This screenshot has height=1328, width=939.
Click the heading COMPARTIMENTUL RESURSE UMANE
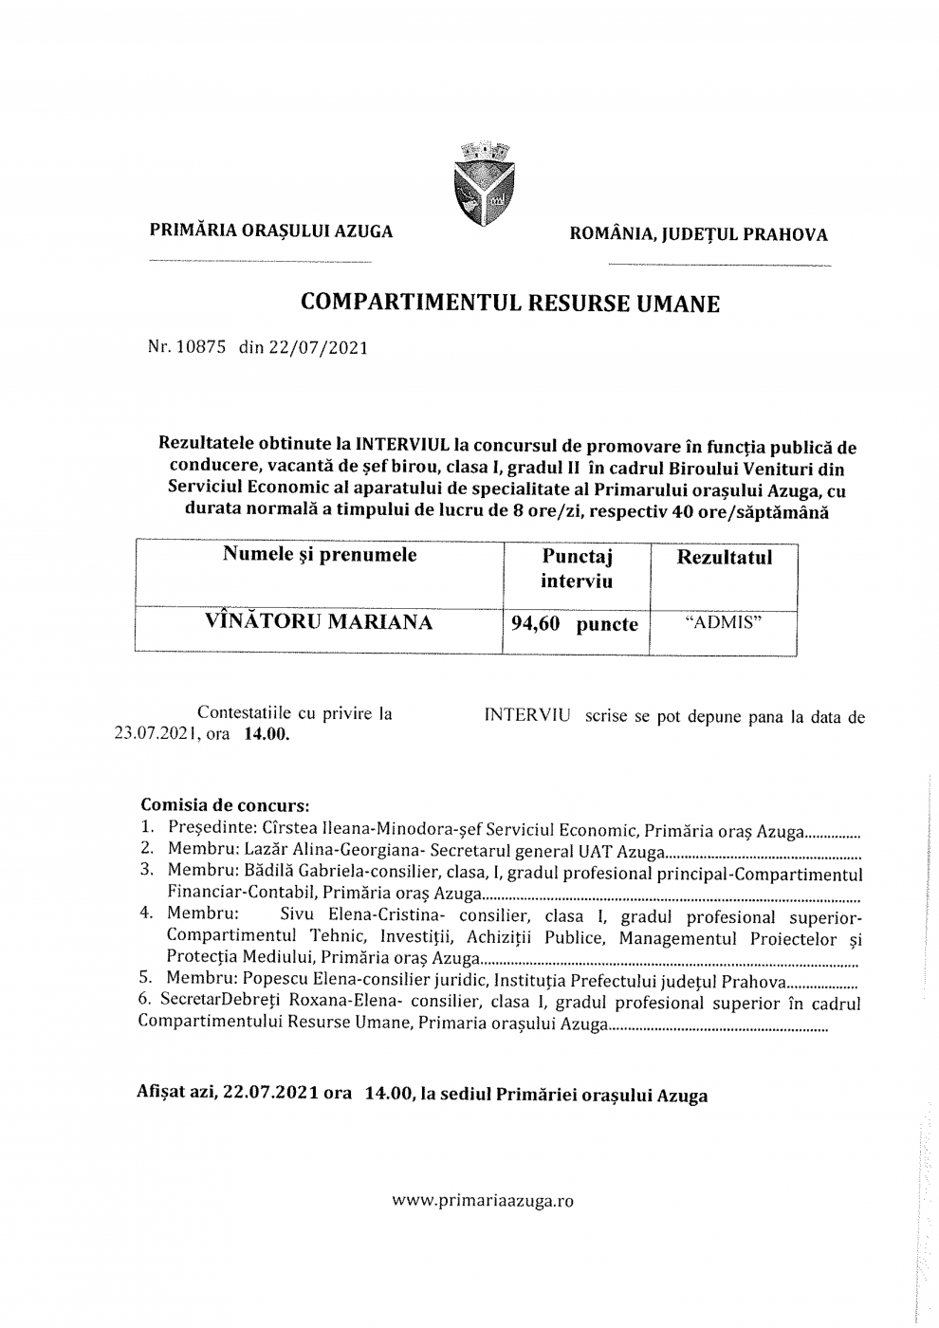[510, 304]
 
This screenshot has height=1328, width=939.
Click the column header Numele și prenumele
[320, 555]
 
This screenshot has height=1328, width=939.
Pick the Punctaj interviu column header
[577, 568]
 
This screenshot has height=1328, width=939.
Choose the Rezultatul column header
[724, 557]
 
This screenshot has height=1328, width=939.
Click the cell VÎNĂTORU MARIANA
[319, 622]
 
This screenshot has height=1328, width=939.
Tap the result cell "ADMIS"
[724, 623]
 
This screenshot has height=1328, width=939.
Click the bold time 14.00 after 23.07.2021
[267, 734]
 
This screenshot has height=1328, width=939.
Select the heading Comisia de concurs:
[225, 806]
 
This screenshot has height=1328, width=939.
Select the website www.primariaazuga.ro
[483, 1200]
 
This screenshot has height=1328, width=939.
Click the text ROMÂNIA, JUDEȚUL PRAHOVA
[697, 234]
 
